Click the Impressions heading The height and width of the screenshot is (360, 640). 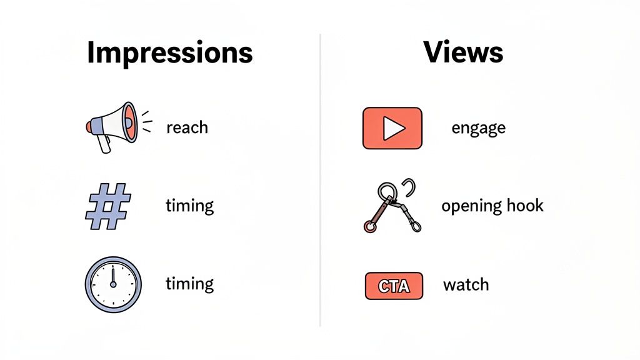click(x=169, y=53)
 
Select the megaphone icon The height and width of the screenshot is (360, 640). click(x=112, y=126)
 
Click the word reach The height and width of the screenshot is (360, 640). click(x=187, y=127)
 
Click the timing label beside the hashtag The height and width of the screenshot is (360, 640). click(x=189, y=206)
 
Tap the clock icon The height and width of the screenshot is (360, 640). click(x=113, y=284)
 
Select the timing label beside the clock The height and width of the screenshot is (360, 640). click(x=189, y=284)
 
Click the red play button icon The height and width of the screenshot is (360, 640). click(x=392, y=128)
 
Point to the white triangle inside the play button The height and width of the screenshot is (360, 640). click(x=394, y=128)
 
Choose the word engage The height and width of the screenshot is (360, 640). click(x=478, y=128)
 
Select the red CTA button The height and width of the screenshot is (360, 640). click(x=393, y=286)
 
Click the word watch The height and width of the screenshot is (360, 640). click(x=466, y=285)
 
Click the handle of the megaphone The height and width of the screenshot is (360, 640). click(x=102, y=143)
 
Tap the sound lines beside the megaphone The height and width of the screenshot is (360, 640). click(x=146, y=121)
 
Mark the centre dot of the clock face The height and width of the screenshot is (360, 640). click(x=113, y=284)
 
